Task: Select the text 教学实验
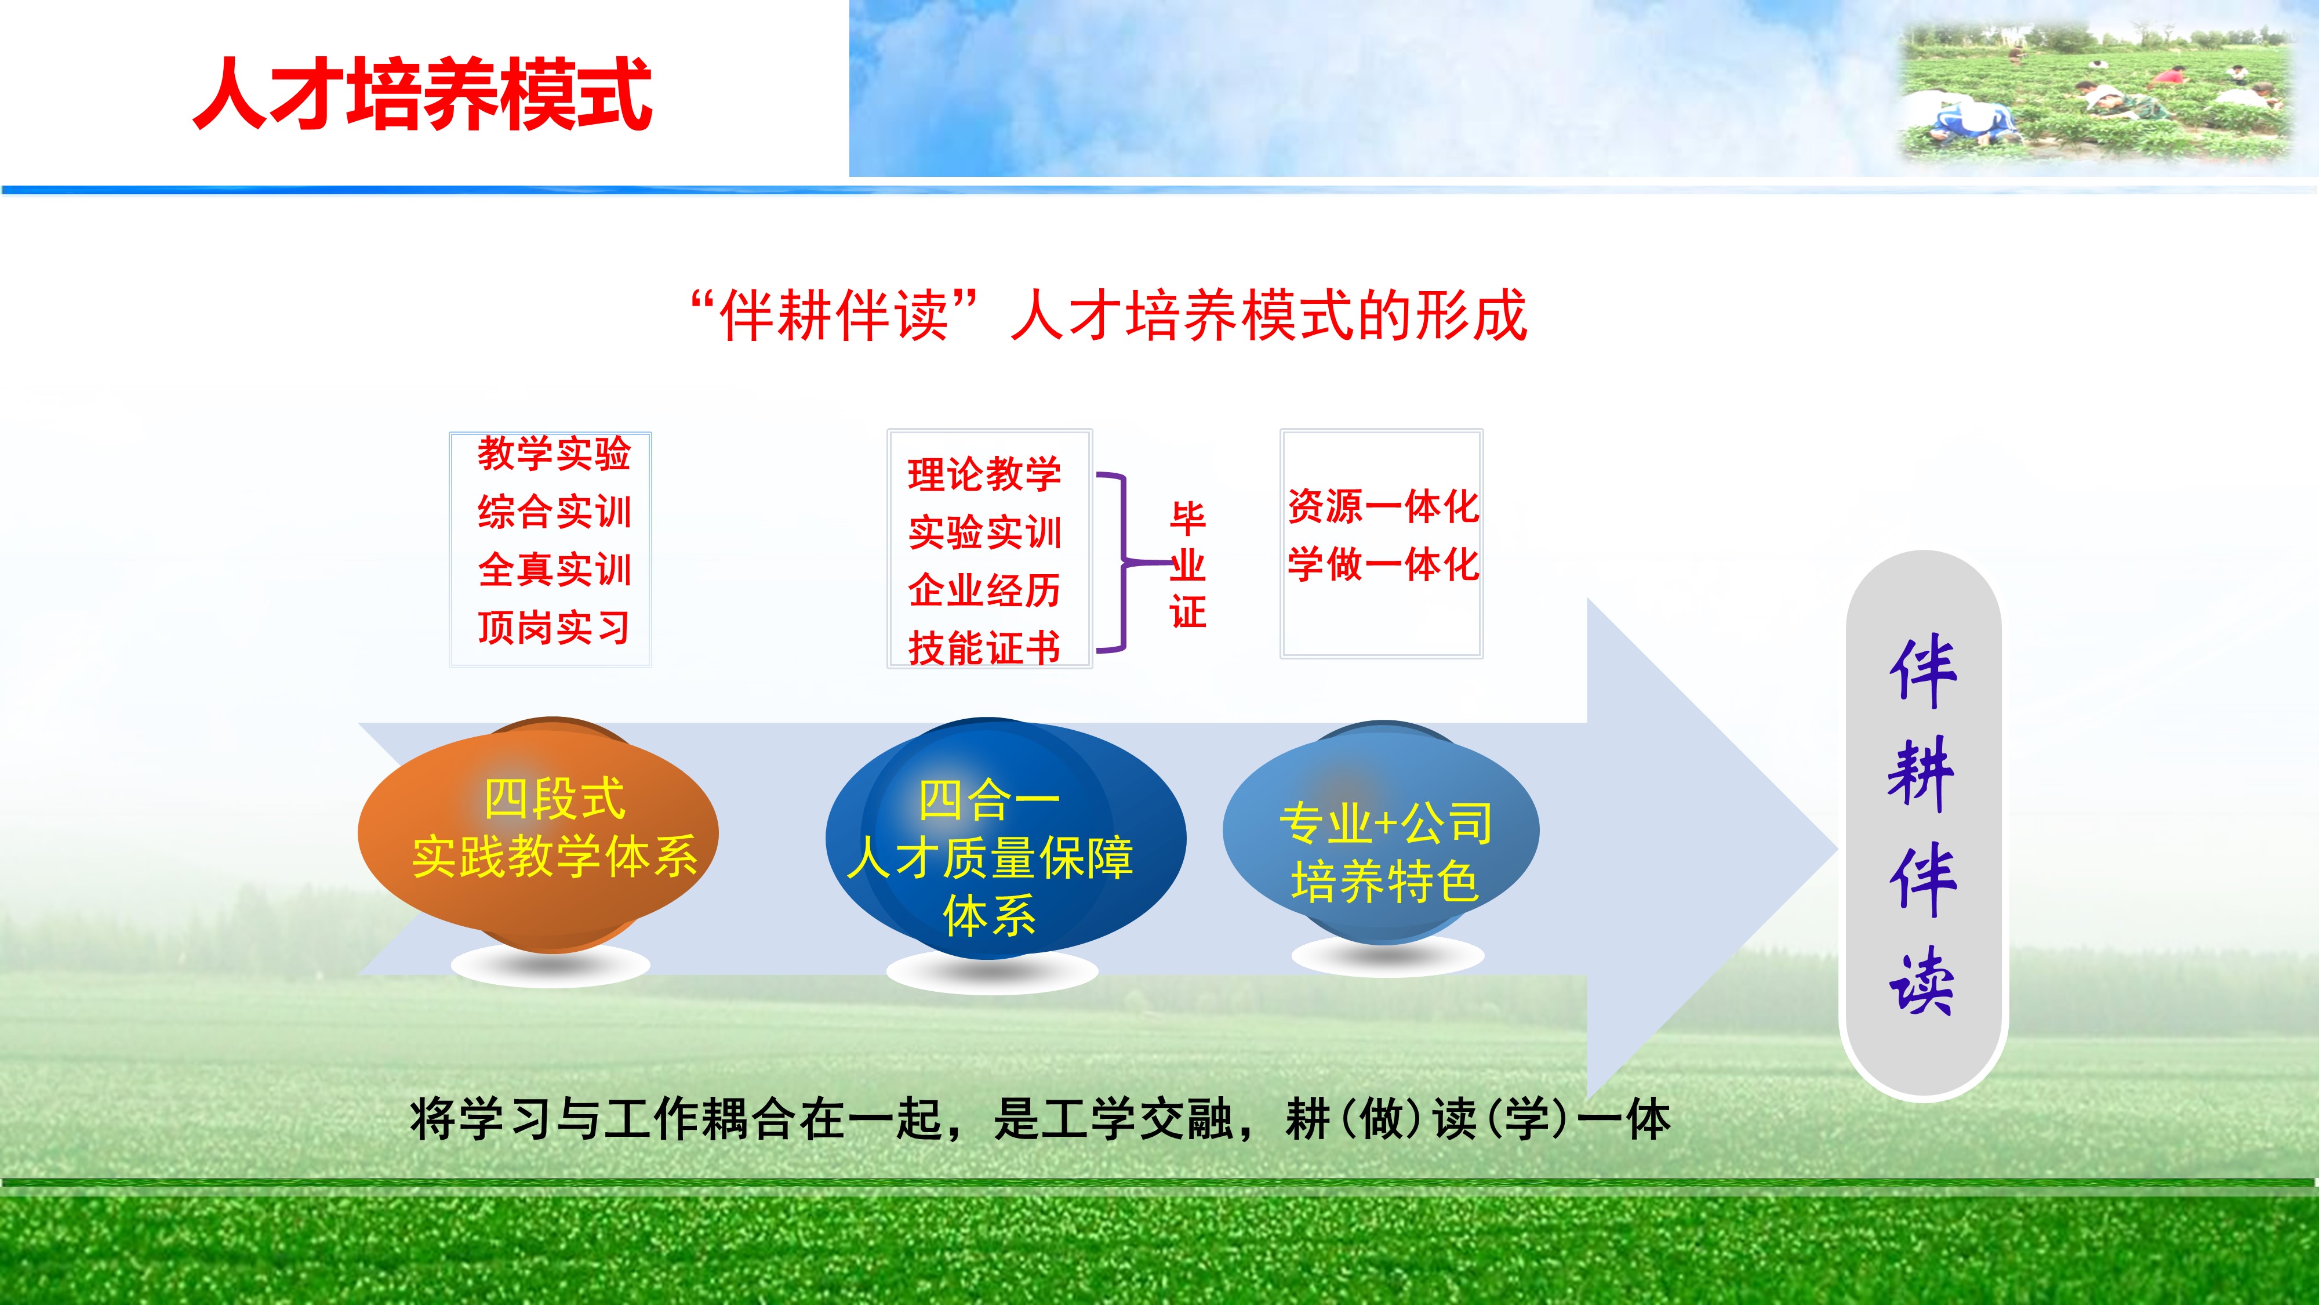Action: [554, 453]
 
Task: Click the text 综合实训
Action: [554, 512]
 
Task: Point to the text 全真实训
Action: [554, 569]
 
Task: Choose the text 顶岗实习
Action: [554, 627]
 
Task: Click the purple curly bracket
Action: [1124, 562]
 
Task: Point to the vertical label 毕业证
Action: [1187, 565]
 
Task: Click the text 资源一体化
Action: [1383, 506]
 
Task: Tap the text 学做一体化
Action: [1383, 564]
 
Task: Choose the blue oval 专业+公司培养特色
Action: [1381, 832]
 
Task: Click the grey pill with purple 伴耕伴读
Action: [1924, 825]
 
